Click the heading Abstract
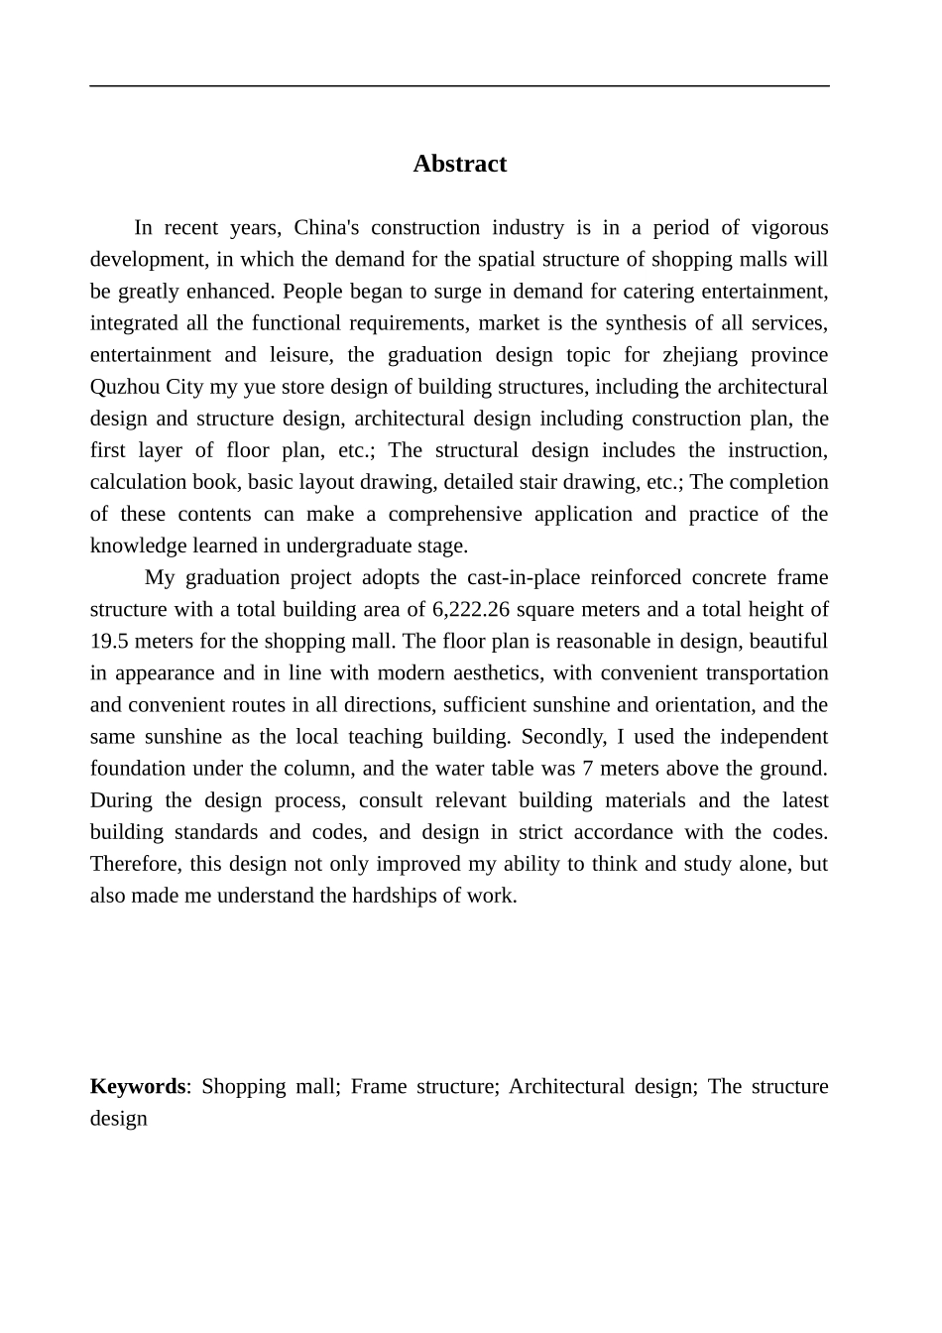(x=459, y=164)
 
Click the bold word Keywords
(x=137, y=1086)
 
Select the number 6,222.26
(x=470, y=609)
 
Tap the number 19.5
(x=107, y=641)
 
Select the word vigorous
(x=789, y=228)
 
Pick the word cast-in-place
(x=523, y=577)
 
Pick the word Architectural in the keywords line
(x=566, y=1086)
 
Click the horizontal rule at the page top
(x=459, y=86)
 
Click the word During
(x=121, y=799)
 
